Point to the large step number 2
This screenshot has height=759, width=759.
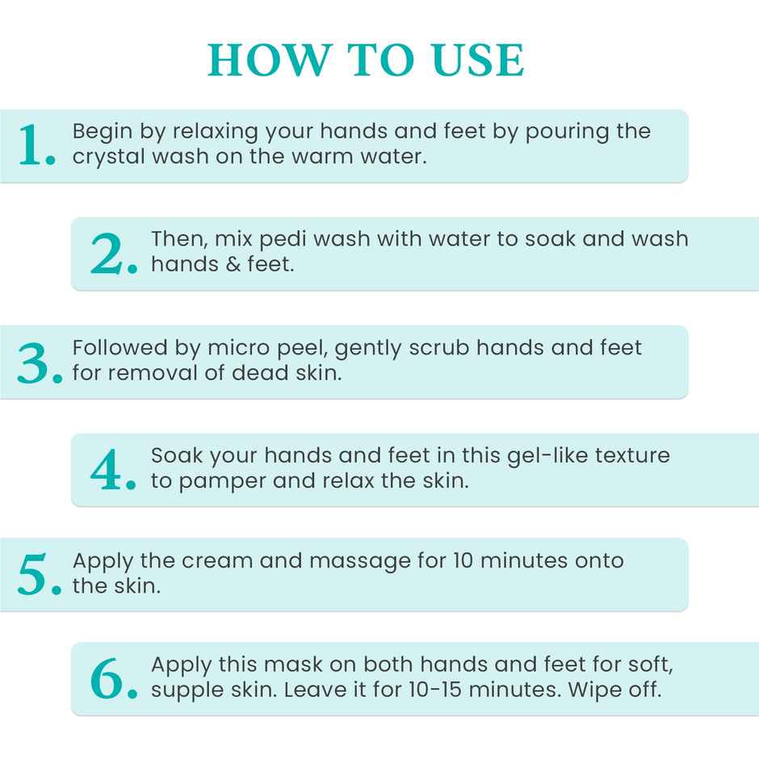tap(112, 254)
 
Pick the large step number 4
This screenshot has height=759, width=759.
tap(112, 470)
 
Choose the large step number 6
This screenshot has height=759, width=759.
tap(112, 680)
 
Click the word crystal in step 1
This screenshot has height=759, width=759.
tap(103, 156)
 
